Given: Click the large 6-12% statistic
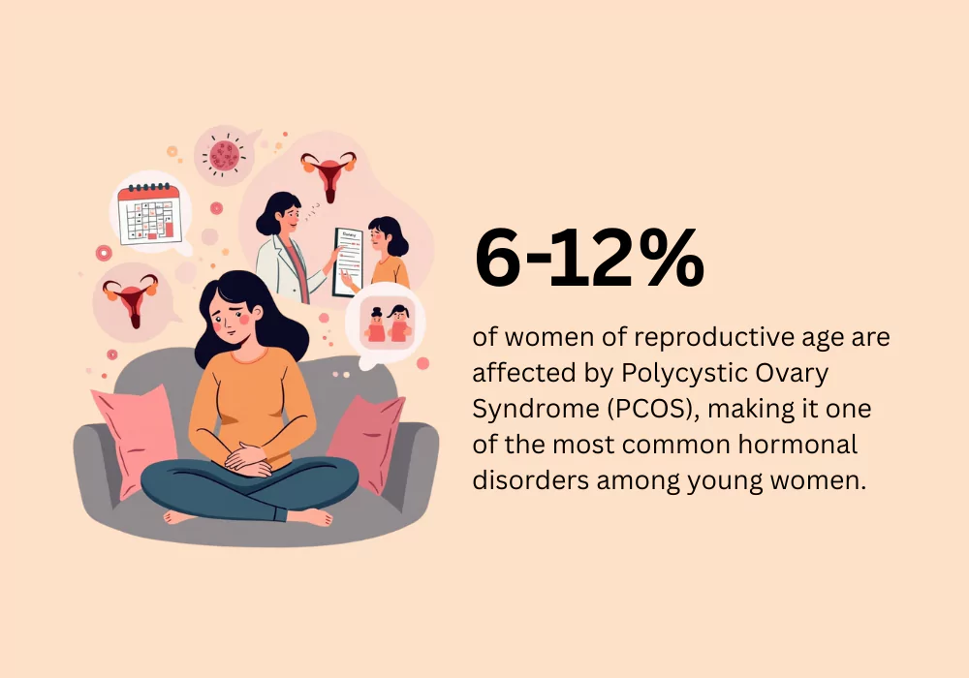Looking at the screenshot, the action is [589, 258].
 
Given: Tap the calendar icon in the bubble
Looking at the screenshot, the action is [149, 214].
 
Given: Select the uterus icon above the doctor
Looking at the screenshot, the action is [328, 174].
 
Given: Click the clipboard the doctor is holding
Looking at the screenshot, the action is [349, 262].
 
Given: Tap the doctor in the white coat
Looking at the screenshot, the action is [289, 247].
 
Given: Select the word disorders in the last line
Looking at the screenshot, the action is [531, 479].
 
